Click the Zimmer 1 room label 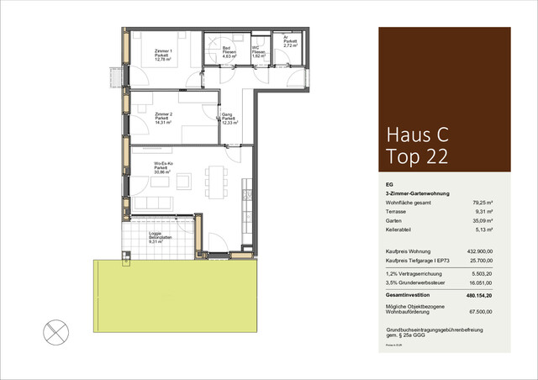tap(163, 55)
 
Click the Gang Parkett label tap(228, 119)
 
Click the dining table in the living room tap(218, 178)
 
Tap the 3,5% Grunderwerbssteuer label tap(411, 283)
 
